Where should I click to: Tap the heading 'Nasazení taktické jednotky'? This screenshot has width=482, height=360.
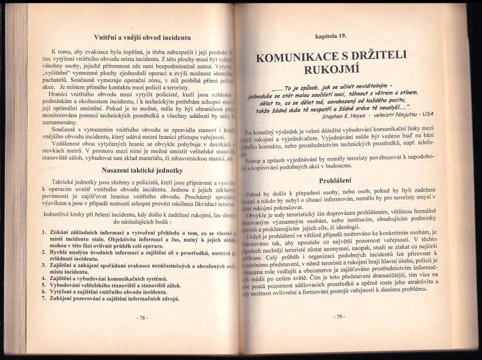[141, 170]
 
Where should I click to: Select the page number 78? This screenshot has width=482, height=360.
[142, 317]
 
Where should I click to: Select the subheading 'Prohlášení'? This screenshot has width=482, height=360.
[336, 180]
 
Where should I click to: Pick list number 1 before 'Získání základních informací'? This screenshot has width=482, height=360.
[45, 232]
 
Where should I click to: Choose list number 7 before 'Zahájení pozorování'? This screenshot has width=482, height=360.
[45, 298]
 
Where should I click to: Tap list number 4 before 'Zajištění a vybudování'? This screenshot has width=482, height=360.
[45, 278]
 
